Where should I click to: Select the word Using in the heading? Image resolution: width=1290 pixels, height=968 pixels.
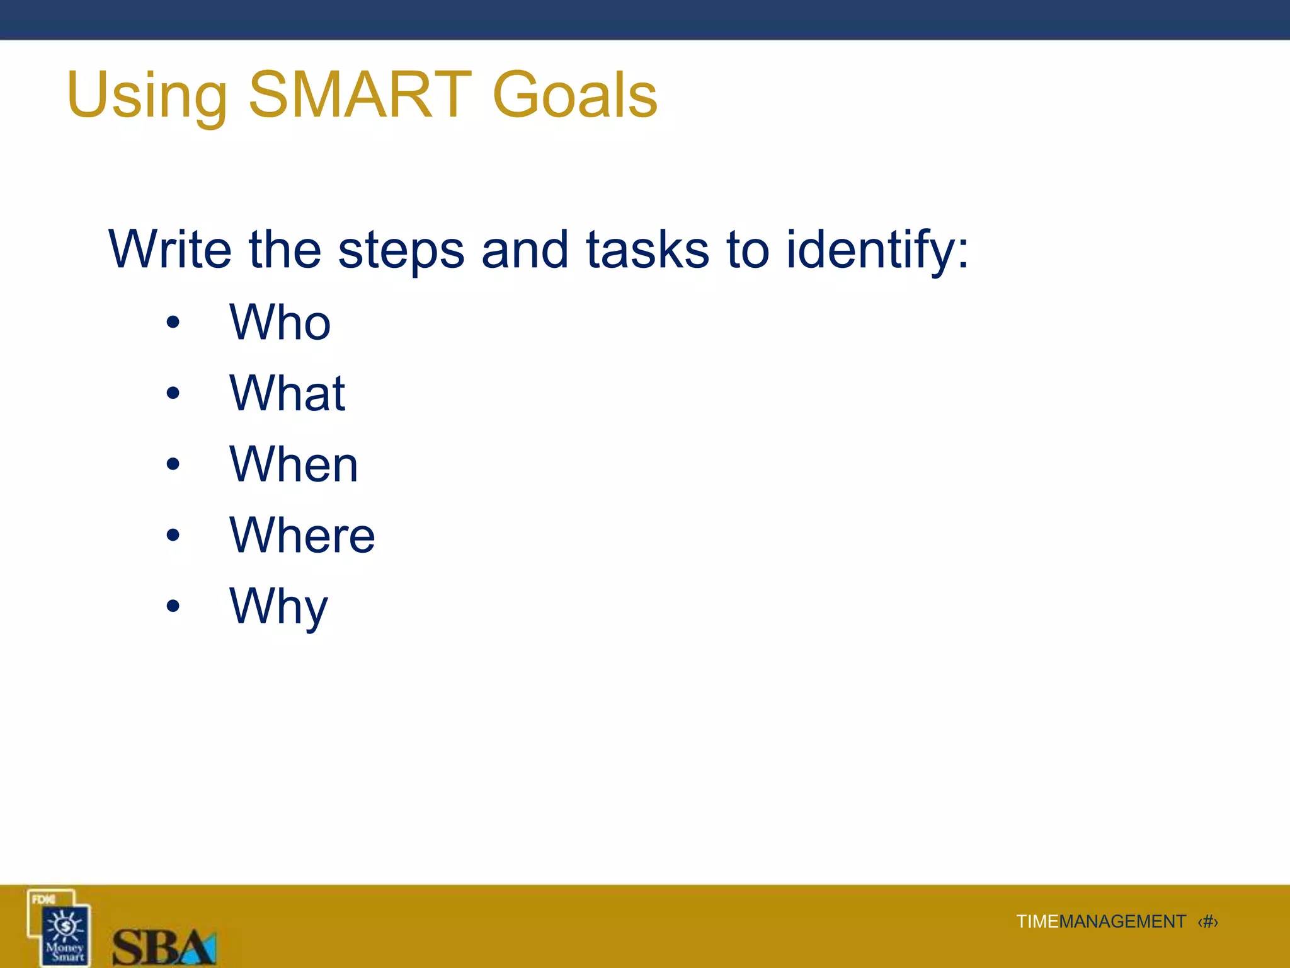[147, 96]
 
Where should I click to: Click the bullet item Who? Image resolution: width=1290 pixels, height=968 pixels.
[280, 322]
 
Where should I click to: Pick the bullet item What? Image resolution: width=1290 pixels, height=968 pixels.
[287, 393]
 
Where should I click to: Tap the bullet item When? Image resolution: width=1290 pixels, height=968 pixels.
[294, 464]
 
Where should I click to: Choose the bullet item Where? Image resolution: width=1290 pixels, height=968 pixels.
[302, 535]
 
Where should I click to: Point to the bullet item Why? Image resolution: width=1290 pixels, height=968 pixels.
[278, 606]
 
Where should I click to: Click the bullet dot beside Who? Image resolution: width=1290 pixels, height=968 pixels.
[173, 323]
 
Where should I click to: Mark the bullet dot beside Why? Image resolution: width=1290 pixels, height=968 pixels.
[173, 606]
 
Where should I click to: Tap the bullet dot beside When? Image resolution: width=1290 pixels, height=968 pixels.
[173, 464]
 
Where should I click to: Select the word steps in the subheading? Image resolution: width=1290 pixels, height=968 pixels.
[401, 251]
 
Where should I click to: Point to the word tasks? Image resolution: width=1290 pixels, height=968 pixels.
[648, 250]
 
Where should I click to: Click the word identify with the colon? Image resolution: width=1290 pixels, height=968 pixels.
[877, 251]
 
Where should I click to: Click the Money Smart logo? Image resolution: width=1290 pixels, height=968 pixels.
[60, 928]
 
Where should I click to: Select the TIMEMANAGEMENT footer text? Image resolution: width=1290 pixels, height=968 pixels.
[1100, 921]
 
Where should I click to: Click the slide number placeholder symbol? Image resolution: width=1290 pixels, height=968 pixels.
[1207, 922]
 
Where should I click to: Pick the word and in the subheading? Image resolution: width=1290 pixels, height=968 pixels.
[525, 250]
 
